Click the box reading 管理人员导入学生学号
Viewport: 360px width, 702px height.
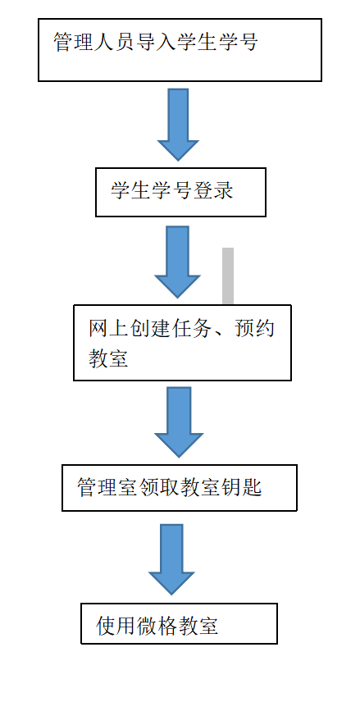pos(180,50)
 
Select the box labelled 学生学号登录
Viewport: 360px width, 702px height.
pos(180,192)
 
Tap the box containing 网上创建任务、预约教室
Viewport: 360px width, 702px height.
pos(182,343)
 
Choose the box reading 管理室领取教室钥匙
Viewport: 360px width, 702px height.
pos(179,488)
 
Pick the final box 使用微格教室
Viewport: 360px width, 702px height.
pos(179,623)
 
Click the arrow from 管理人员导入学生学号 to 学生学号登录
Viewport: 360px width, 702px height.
pos(178,125)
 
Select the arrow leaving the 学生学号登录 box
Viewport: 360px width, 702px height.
pos(177,262)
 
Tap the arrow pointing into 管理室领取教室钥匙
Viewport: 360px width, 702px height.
pos(179,422)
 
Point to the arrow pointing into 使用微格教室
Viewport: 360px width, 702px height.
pos(171,559)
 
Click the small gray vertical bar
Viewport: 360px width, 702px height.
pos(228,276)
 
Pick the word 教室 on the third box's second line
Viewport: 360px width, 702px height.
pos(108,358)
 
